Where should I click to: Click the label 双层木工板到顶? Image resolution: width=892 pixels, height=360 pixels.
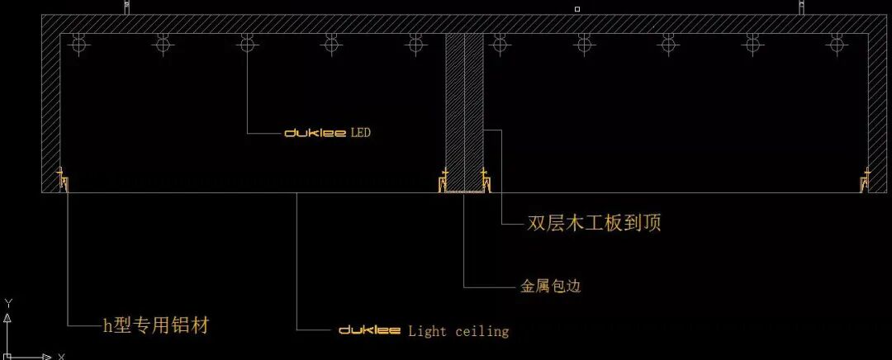pyautogui.click(x=594, y=223)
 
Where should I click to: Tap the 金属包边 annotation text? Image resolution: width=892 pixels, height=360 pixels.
pyautogui.click(x=551, y=287)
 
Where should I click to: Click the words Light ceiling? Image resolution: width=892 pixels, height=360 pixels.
pyautogui.click(x=458, y=331)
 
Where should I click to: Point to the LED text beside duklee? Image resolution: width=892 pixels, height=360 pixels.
pyautogui.click(x=361, y=132)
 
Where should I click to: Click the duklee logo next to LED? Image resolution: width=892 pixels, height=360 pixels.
pyautogui.click(x=315, y=132)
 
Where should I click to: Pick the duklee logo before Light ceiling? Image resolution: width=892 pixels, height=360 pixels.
pyautogui.click(x=370, y=330)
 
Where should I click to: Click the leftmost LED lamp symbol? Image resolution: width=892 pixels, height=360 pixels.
pyautogui.click(x=78, y=42)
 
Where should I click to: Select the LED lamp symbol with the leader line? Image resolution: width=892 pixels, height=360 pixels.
pyautogui.click(x=246, y=42)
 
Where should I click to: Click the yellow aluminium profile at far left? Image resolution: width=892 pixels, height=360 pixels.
pyautogui.click(x=62, y=180)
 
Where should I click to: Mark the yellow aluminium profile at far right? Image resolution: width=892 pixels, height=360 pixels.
pyautogui.click(x=865, y=180)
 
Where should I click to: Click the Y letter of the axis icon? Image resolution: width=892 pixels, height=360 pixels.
pyautogui.click(x=7, y=302)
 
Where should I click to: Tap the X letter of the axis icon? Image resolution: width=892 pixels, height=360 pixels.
pyautogui.click(x=61, y=356)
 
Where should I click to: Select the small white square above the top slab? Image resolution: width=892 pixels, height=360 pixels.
pyautogui.click(x=576, y=9)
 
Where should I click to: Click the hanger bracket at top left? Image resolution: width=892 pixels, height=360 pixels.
pyautogui.click(x=126, y=8)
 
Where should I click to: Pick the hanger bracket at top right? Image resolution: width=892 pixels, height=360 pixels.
pyautogui.click(x=801, y=8)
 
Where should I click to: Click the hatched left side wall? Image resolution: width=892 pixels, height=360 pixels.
pyautogui.click(x=51, y=107)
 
